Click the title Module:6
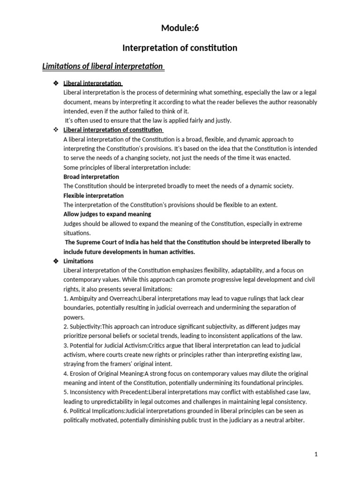point(180,28)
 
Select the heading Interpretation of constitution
point(180,48)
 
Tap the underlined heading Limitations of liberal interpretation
point(103,66)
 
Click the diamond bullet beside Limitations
point(56,261)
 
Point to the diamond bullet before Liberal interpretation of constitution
point(56,130)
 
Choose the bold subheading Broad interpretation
point(91,177)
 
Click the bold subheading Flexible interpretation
point(93,195)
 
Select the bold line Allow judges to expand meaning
point(107,214)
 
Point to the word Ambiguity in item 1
point(84,299)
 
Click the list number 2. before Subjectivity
point(66,327)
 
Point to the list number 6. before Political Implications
point(66,411)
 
